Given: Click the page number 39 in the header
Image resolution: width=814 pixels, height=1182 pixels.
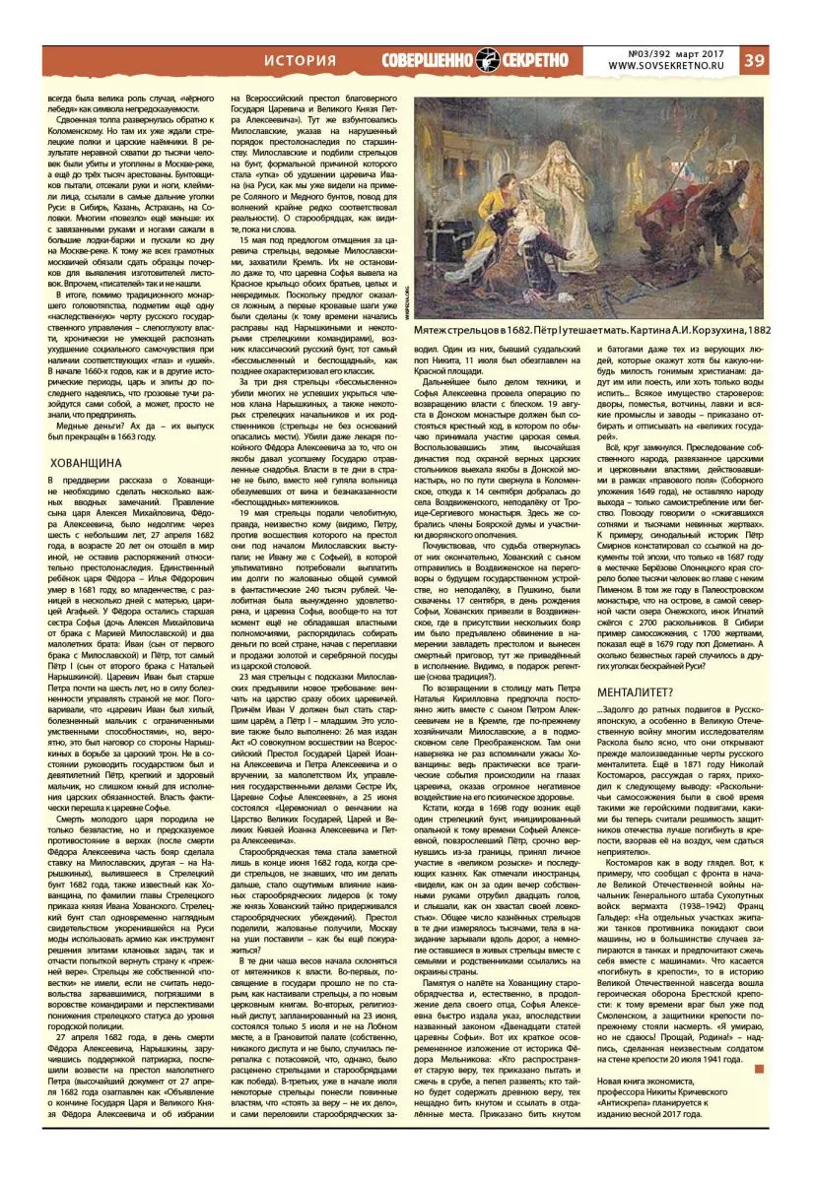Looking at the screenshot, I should click(x=784, y=60).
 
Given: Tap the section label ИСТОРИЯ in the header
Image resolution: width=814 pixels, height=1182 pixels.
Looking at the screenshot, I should click(x=300, y=60).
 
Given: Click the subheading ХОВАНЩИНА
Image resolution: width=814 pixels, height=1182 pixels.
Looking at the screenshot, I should click(x=86, y=461).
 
